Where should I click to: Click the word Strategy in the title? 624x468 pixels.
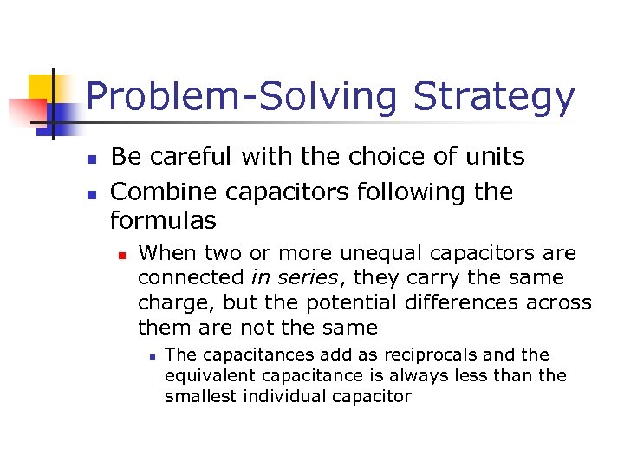(x=493, y=97)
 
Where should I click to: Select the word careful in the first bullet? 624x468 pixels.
(x=190, y=157)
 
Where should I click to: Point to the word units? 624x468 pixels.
(x=492, y=157)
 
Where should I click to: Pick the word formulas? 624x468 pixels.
(x=163, y=221)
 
